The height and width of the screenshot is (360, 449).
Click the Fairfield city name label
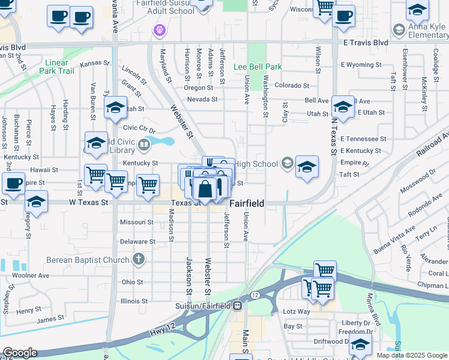247,203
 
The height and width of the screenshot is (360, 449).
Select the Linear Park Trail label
59,67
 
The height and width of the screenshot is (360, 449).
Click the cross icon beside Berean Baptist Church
139,260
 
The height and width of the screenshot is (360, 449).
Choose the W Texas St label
88,203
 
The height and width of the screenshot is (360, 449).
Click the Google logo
19,353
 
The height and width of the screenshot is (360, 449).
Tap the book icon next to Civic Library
144,144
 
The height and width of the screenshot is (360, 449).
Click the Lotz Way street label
297,311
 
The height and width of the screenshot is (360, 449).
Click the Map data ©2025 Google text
412,355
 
